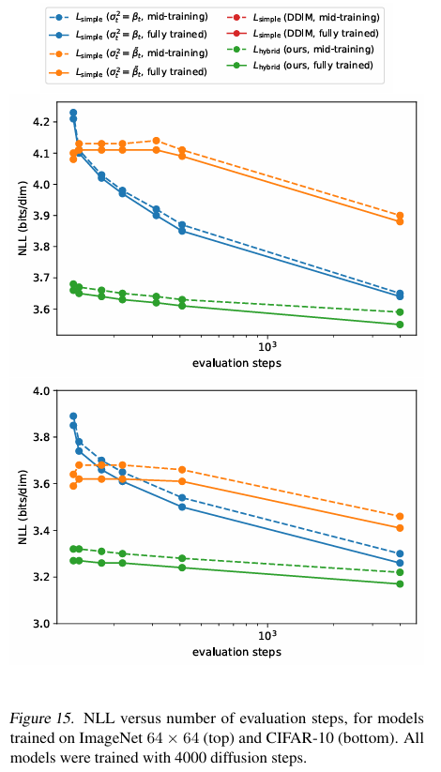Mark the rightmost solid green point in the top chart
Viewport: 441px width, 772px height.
tap(400, 325)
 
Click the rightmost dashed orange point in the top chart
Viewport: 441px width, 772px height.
tap(400, 215)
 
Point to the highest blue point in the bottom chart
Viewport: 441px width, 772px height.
tap(73, 416)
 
